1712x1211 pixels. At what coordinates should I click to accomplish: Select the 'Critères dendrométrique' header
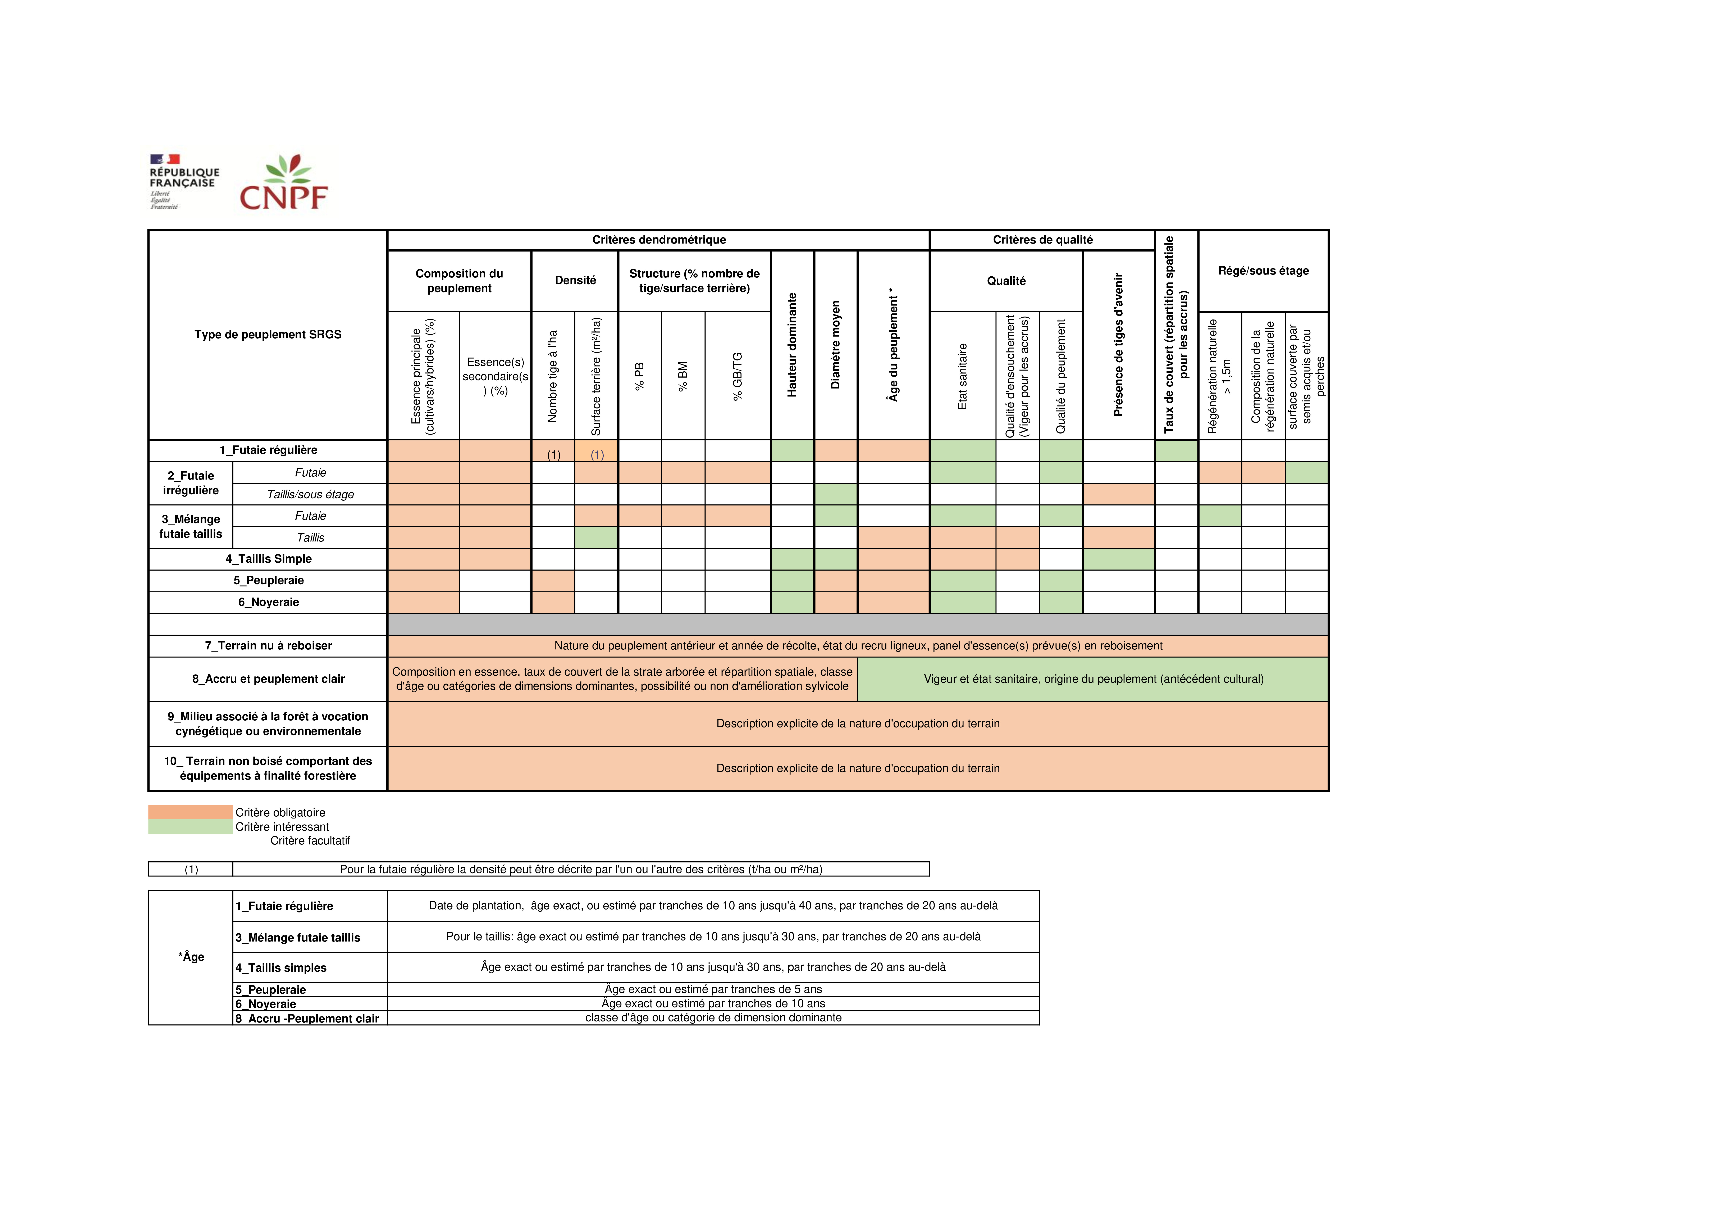point(658,239)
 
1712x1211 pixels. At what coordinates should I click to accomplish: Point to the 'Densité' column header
point(575,280)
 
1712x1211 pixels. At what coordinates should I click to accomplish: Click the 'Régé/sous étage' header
point(1263,271)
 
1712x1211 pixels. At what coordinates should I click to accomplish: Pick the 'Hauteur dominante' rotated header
point(792,345)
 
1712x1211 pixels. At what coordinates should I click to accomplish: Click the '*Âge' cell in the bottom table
point(191,957)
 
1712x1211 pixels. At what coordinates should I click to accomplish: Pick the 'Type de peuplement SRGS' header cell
point(268,335)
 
